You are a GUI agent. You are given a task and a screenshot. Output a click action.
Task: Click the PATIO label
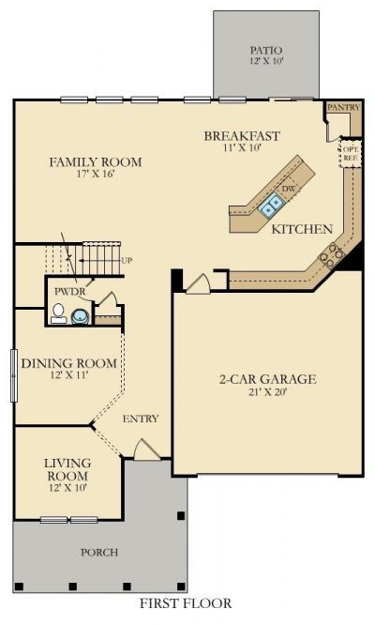pos(266,51)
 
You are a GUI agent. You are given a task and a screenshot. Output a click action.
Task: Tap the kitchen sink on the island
pos(271,205)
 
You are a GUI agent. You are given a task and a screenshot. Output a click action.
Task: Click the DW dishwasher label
pos(288,189)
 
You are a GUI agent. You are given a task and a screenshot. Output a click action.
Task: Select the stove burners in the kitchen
pos(331,255)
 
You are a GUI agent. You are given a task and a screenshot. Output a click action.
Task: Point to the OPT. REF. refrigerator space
pos(351,153)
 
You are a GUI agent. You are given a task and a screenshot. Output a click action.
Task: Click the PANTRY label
pos(343,107)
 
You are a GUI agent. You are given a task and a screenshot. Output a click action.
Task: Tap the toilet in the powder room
pos(58,313)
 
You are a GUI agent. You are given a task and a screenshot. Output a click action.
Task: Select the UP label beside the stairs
pos(127,261)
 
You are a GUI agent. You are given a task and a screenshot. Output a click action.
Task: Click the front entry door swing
pos(146,450)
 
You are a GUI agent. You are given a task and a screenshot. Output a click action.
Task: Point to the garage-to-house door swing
pos(198,284)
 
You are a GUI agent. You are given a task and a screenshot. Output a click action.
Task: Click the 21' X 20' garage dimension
pos(268,392)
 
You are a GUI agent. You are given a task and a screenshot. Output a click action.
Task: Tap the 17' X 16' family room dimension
pos(95,174)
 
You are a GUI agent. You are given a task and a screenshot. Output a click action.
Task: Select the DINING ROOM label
pos(68,363)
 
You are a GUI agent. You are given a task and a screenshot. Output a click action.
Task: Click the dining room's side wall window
pos(14,375)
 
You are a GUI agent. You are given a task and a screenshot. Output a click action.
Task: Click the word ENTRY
pos(141,419)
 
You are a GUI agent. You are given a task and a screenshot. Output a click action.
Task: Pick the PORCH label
pos(99,553)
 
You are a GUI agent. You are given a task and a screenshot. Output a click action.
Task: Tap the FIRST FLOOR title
pos(186,603)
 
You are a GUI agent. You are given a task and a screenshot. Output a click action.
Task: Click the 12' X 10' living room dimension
pos(68,487)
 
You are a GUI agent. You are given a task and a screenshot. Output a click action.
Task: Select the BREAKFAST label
pos(242,136)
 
